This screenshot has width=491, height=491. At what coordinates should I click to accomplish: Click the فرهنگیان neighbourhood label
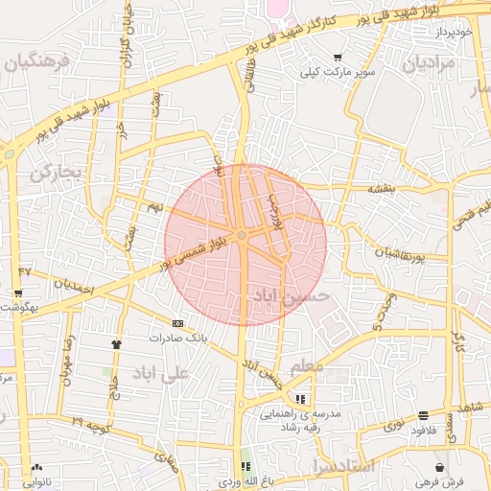[x=37, y=63]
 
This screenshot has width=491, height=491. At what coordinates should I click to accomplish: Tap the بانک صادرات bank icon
[x=177, y=324]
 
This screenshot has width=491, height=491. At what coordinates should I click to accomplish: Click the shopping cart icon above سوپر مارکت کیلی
[x=337, y=58]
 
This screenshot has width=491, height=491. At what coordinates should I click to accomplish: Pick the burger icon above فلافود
[x=423, y=415]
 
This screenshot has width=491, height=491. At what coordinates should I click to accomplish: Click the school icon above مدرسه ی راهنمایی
[x=300, y=398]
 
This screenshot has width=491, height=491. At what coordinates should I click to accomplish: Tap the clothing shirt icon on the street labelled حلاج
[x=117, y=342]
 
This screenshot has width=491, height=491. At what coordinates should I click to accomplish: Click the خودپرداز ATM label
[x=454, y=32]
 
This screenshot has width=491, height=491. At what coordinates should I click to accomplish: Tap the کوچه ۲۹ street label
[x=89, y=423]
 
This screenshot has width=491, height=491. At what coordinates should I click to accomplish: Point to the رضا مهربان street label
[x=67, y=360]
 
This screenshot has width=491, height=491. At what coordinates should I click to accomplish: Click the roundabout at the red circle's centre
[x=244, y=235]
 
